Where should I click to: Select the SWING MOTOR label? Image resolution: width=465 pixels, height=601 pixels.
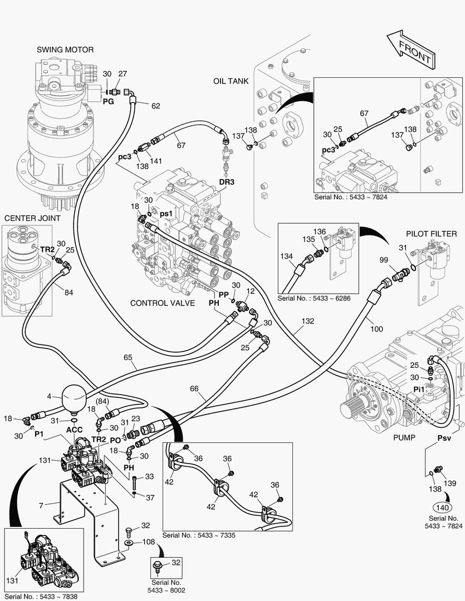click(65, 50)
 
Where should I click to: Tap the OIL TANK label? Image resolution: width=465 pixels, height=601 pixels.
click(230, 81)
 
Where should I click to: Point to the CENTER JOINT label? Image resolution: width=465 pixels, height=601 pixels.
click(32, 219)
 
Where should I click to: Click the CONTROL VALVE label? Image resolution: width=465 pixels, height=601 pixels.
click(162, 303)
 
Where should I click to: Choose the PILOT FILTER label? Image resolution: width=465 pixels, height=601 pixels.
click(431, 234)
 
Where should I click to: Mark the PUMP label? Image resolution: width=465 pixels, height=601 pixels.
click(404, 437)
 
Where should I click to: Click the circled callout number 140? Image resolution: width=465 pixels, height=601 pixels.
click(443, 507)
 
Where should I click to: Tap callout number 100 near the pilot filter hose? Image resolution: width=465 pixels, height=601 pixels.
click(376, 329)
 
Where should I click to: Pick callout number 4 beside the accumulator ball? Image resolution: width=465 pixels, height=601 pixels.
click(50, 397)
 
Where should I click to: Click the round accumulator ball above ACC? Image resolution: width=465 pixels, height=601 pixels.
click(75, 396)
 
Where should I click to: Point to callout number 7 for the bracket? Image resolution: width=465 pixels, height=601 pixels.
click(41, 505)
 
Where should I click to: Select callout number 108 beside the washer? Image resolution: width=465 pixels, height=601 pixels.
click(149, 541)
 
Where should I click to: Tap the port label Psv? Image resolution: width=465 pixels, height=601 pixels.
click(444, 438)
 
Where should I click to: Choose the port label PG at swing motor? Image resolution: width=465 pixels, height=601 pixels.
click(109, 102)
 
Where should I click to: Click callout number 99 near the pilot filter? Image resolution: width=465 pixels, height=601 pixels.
click(384, 260)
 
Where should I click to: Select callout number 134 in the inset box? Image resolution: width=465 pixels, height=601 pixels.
click(286, 256)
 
